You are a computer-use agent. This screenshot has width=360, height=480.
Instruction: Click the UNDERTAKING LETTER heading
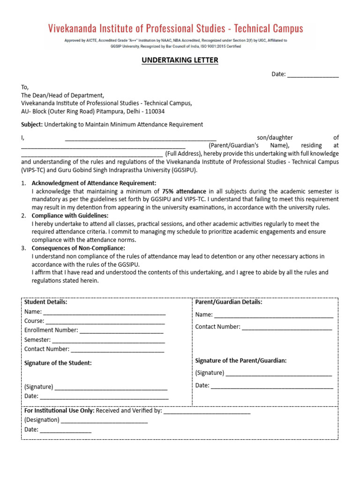point(180,60)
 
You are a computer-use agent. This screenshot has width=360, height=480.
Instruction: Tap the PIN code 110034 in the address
point(155,112)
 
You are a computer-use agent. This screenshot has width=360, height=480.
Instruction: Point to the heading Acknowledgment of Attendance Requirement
point(94,183)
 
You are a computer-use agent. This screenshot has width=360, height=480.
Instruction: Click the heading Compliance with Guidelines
point(70,216)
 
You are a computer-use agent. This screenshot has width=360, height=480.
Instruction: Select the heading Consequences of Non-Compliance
point(78,248)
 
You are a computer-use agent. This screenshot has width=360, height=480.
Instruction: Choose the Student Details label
point(45,302)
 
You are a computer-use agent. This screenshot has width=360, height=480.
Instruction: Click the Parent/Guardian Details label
point(228,302)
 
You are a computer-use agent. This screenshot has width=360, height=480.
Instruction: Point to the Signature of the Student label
point(58,363)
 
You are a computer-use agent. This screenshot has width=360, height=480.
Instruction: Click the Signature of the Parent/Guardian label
point(240,360)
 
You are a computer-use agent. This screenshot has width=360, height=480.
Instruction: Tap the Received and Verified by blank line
point(207,411)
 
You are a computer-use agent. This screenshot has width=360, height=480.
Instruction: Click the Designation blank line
point(104,420)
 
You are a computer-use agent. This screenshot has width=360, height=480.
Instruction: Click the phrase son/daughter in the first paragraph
point(275,137)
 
